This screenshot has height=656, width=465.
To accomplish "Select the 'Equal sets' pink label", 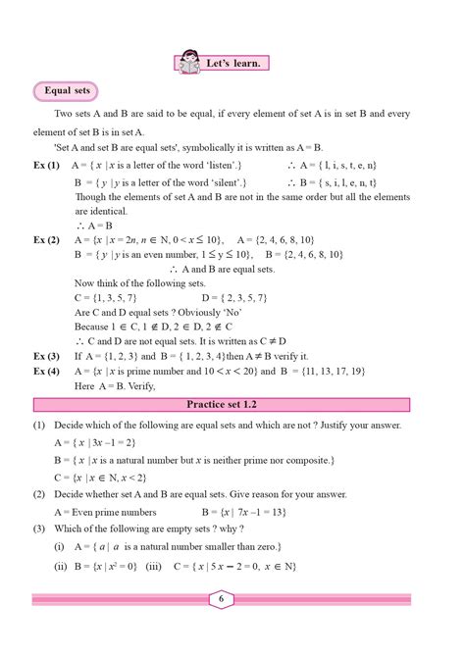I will coord(67,92).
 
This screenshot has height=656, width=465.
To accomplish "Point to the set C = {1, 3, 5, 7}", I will coord(109,295).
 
